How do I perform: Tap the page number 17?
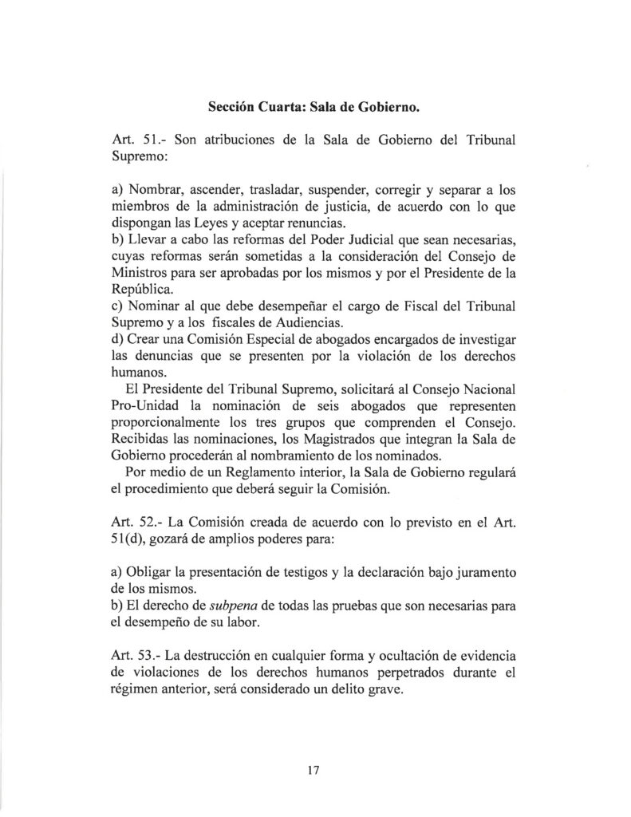tap(313, 770)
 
